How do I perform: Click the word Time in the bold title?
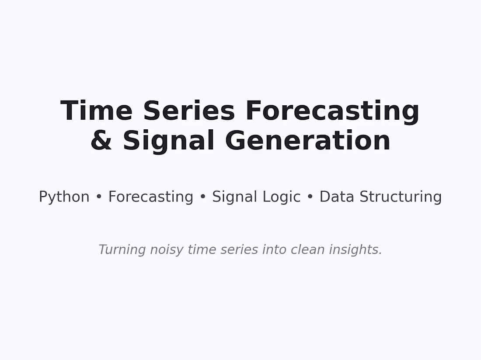(x=96, y=111)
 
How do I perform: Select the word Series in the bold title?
(x=189, y=111)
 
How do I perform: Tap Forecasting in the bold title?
(x=332, y=111)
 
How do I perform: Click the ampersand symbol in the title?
(x=101, y=141)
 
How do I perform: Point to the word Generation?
(x=307, y=141)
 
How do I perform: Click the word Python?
(x=64, y=197)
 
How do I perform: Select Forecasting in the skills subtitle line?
(x=150, y=197)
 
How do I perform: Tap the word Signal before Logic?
(x=234, y=197)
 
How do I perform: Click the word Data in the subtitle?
(x=337, y=197)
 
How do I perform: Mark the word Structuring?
(x=401, y=197)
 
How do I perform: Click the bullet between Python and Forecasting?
(x=99, y=197)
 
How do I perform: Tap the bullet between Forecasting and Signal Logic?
(x=202, y=197)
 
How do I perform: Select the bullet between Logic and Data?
(x=310, y=197)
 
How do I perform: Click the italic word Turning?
(x=122, y=250)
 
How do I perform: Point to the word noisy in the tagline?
(x=167, y=250)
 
